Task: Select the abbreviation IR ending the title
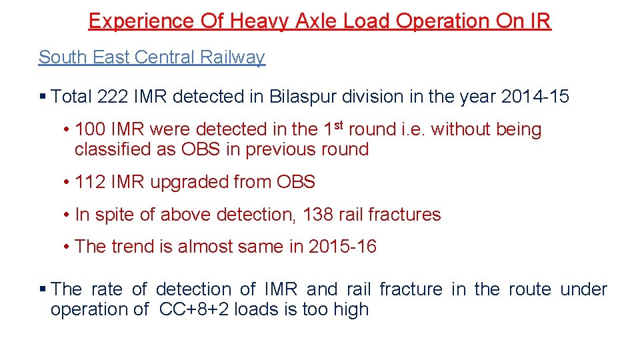point(539,21)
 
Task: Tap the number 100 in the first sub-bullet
point(91,129)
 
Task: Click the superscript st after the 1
point(339,125)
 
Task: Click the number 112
point(91,182)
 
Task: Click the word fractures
point(409,215)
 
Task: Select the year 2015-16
point(343,247)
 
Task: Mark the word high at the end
point(351,309)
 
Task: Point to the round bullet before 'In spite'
point(68,215)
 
